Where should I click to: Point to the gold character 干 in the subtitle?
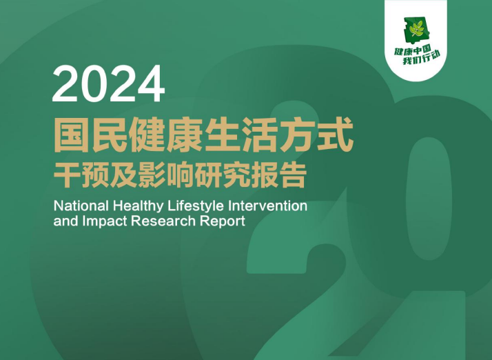pos(68,174)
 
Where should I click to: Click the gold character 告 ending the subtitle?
pos(291,174)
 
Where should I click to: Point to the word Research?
pos(163,223)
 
